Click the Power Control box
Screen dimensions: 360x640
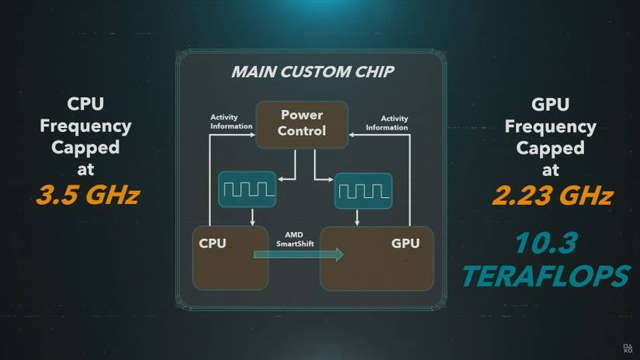303,123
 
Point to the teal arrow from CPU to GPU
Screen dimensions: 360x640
298,254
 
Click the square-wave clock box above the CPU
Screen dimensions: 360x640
247,189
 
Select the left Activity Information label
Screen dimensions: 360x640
231,122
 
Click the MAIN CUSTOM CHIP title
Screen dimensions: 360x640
313,73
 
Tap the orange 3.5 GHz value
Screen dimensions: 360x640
87,194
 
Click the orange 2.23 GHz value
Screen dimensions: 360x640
552,194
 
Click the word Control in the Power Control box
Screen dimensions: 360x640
303,131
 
